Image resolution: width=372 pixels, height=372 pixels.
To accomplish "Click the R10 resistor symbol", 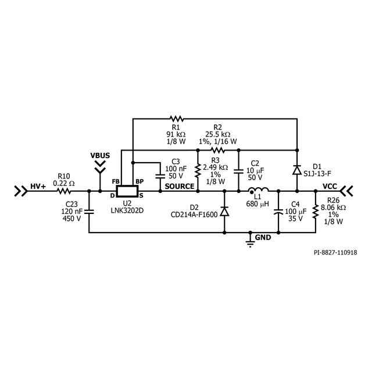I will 63,191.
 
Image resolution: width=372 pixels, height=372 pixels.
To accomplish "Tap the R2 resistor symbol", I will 217,150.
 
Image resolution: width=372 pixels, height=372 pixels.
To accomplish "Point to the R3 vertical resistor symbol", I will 198,170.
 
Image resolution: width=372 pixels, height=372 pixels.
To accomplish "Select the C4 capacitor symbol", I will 278,212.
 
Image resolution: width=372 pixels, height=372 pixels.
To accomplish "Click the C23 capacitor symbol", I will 88,212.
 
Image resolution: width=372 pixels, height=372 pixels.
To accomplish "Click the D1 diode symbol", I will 296,170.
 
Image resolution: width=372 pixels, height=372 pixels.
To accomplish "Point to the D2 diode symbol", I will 225,212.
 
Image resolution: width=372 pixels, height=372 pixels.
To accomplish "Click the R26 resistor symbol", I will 316,212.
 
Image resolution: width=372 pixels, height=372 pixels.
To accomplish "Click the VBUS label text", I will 100,156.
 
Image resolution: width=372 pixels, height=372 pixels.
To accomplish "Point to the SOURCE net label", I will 179,186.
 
